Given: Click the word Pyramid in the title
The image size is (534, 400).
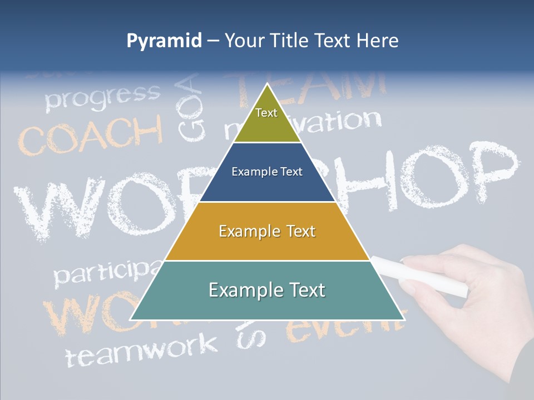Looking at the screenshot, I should coord(164,41).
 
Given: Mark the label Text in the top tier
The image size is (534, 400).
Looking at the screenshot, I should coord(266,113).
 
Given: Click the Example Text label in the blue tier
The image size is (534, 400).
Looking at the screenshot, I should coord(267,172).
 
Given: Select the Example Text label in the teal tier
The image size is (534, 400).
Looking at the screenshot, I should coord(267,290).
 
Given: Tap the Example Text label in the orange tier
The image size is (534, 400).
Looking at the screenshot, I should coord(267,231).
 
